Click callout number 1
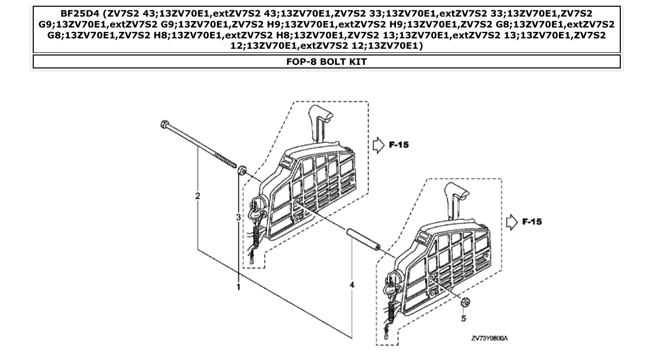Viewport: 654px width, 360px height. pos(239,286)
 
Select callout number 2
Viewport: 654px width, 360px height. pos(197,196)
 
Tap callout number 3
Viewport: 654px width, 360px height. pos(238,217)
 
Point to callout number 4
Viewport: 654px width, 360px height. pos(352,285)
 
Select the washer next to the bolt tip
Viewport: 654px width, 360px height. pos(241,171)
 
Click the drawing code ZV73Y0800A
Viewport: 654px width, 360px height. pos(489,339)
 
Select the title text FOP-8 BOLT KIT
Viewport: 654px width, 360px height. pos(326,62)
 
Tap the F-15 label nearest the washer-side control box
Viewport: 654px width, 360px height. pos(399,145)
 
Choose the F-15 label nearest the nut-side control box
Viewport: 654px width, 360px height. pos(532,222)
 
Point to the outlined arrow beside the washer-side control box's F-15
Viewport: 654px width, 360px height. pos(378,145)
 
